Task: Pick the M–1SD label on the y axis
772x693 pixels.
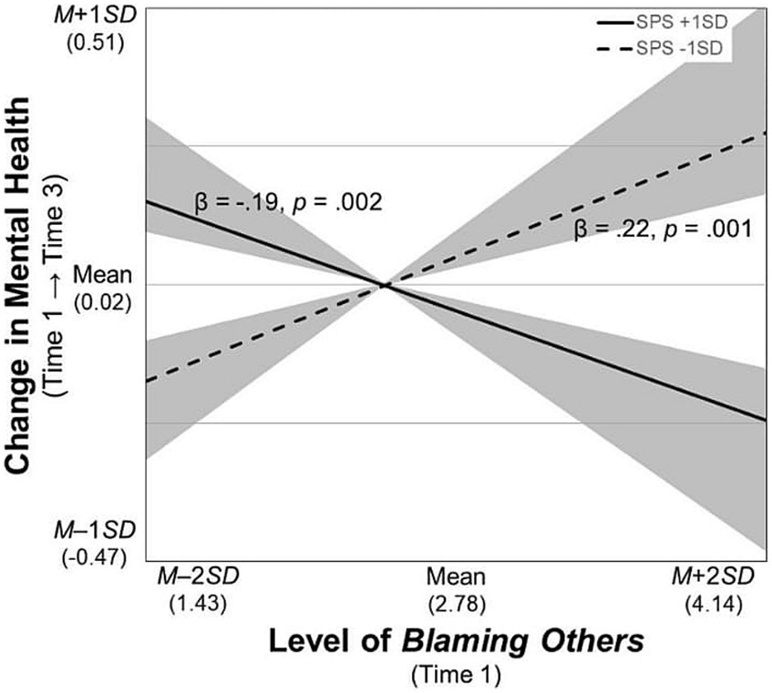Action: coord(100,530)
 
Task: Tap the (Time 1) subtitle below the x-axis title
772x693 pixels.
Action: coord(455,674)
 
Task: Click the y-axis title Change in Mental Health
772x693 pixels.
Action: coord(26,285)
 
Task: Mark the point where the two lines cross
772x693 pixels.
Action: coord(386,286)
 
